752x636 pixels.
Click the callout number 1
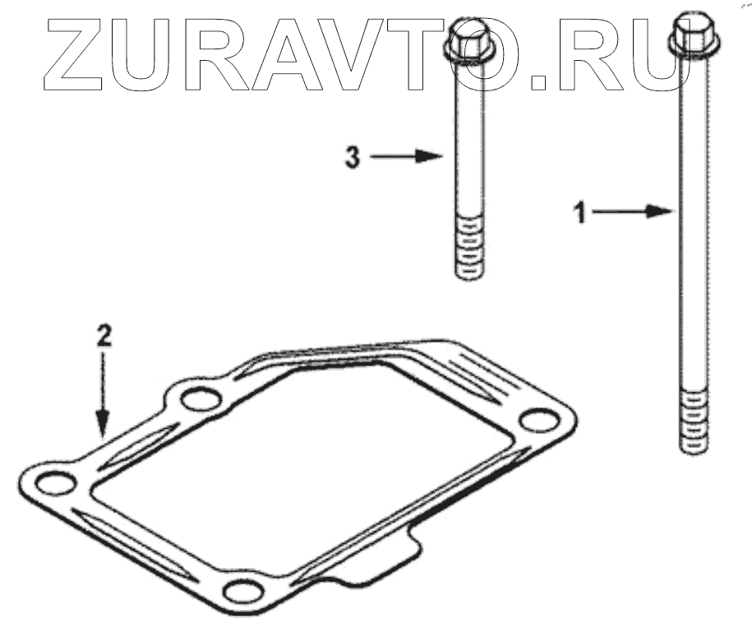tap(581, 213)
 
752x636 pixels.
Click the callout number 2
tap(104, 336)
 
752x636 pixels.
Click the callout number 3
tap(353, 157)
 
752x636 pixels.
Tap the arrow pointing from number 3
tap(406, 156)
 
